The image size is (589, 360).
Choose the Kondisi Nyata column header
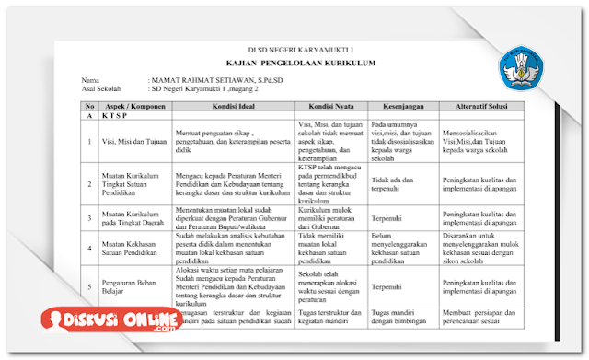pyautogui.click(x=330, y=107)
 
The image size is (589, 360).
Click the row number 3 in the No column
pyautogui.click(x=88, y=217)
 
